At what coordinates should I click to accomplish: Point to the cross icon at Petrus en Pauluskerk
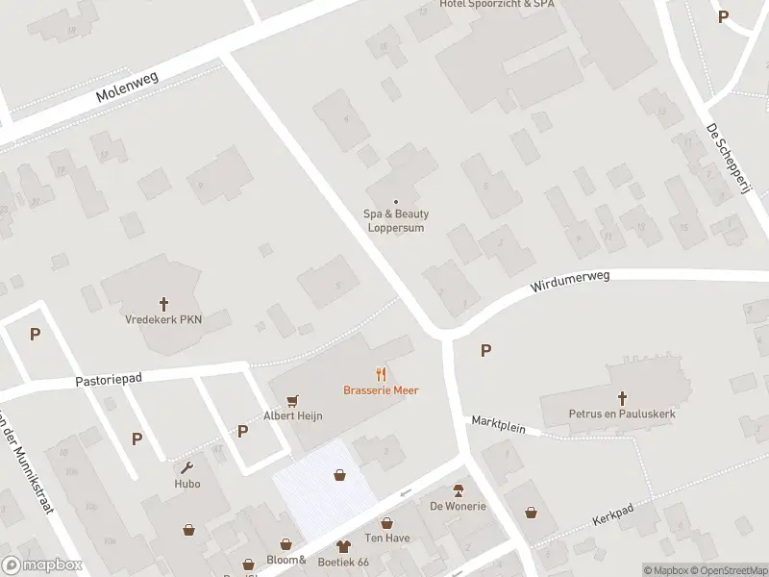622,397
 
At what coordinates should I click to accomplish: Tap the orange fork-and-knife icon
382,374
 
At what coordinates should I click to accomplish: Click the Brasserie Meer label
382,389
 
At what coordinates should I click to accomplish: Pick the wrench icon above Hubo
187,467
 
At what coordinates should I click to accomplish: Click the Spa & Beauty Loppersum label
395,221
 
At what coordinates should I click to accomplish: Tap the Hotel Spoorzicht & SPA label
497,5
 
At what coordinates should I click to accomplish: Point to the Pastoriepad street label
109,380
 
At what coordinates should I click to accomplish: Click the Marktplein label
498,425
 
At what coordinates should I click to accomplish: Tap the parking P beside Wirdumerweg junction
485,351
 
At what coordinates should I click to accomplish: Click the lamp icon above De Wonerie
459,489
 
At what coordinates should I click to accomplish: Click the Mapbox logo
40,565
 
